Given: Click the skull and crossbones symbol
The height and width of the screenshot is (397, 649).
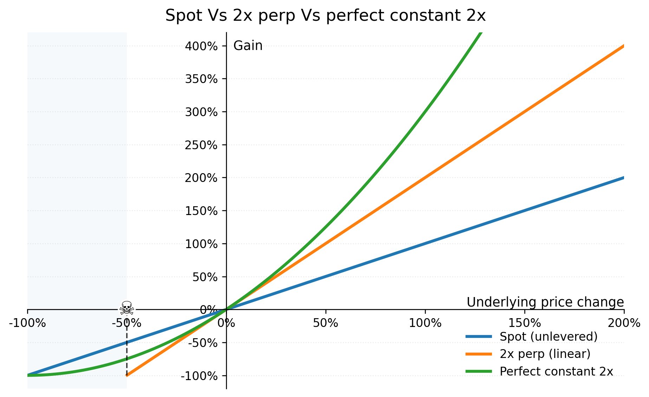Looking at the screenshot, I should click(126, 308).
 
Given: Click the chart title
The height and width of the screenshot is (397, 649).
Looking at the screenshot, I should click(325, 16).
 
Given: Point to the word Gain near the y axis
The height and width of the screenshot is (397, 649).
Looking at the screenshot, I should click(248, 46).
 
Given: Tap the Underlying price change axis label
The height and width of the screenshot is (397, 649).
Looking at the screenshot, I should click(545, 302).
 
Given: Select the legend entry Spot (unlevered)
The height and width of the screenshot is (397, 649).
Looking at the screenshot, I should click(548, 337).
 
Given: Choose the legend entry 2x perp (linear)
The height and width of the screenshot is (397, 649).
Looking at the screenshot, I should click(545, 354).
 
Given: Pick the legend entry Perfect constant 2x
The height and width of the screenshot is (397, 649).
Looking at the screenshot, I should click(556, 371).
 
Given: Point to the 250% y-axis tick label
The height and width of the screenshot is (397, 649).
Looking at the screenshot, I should click(201, 145).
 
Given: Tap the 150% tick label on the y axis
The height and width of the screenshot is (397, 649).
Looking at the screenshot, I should click(201, 211).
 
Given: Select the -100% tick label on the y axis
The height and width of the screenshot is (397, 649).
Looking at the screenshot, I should click(199, 376).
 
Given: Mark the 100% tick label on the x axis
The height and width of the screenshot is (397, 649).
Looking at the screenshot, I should click(425, 323).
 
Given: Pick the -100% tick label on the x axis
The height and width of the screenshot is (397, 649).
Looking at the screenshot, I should click(27, 323).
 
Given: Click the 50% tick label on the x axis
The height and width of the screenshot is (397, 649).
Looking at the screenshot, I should click(326, 323).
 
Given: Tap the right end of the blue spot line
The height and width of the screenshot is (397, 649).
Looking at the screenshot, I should click(623, 178).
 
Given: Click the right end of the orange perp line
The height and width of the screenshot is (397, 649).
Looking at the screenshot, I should click(623, 46).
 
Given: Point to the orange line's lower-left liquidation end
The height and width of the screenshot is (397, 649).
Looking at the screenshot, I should click(127, 375).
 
